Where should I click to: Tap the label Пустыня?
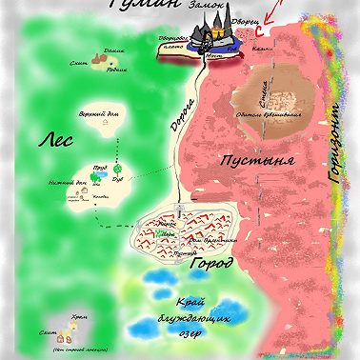click(252, 162)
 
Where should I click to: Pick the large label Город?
click(210, 263)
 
